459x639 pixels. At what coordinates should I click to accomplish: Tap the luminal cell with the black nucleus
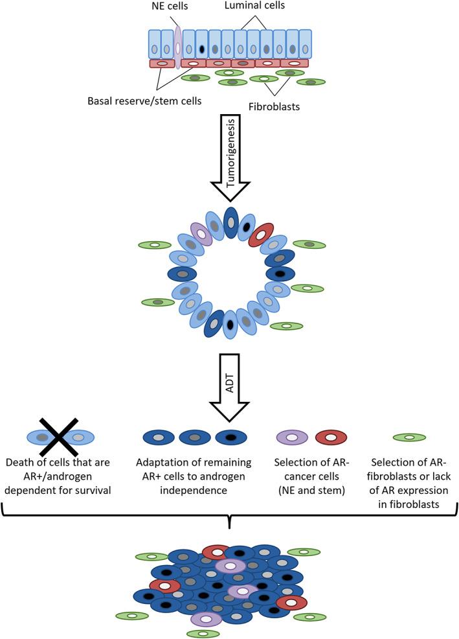pos(202,49)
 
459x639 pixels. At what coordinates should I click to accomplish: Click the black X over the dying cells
pos(58,437)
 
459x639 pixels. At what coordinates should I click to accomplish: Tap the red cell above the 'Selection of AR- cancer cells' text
pos(330,438)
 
